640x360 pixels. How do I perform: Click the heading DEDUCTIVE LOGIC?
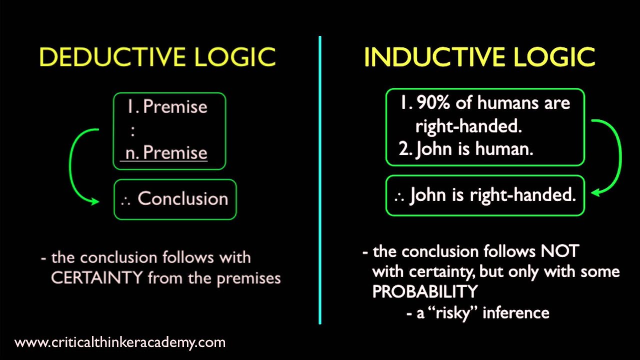(157, 57)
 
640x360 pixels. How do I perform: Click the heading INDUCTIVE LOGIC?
(479, 57)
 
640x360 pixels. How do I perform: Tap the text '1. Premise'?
(167, 106)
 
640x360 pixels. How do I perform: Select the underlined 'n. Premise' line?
(166, 152)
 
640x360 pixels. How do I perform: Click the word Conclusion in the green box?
(182, 198)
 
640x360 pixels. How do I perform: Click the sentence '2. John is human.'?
(466, 149)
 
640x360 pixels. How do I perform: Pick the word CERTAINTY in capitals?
(96, 278)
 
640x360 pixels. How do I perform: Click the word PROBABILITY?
(425, 291)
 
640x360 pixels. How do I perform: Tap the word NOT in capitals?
(559, 251)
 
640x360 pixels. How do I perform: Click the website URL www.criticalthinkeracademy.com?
(120, 342)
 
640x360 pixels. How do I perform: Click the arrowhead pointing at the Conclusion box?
(94, 201)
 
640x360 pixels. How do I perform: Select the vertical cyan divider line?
(319, 180)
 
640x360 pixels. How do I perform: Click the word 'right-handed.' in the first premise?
(468, 126)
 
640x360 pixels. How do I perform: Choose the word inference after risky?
(515, 313)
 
